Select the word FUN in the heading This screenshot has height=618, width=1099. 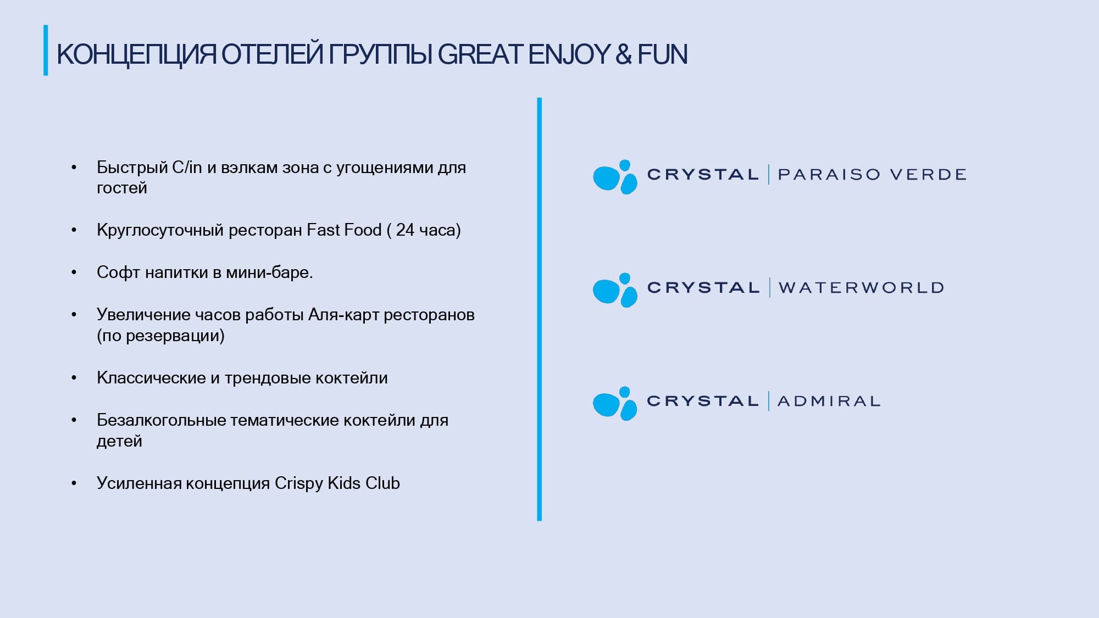click(663, 54)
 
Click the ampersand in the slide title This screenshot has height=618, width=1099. click(624, 54)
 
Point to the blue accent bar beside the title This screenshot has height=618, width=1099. click(46, 50)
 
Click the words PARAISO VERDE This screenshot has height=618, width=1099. click(872, 175)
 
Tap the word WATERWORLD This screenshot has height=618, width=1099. click(861, 288)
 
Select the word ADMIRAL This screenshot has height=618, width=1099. click(829, 401)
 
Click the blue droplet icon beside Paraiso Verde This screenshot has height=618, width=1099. click(615, 177)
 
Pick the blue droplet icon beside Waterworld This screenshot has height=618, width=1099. click(615, 290)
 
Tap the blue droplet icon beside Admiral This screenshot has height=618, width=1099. click(615, 403)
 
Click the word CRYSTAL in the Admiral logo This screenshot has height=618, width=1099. click(703, 401)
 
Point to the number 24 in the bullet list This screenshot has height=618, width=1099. click(405, 230)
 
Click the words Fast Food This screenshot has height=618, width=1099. click(344, 230)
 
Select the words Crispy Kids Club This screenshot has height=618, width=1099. click(337, 483)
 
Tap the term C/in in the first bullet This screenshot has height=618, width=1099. click(187, 167)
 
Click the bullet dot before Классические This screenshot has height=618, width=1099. click(74, 378)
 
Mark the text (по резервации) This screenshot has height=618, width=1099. click(160, 336)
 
